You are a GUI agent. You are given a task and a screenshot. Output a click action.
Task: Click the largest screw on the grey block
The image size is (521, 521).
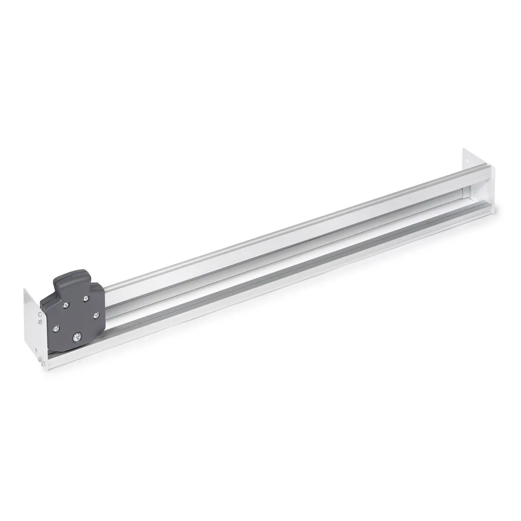pos(78,338)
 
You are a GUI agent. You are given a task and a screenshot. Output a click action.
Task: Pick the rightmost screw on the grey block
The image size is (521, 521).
pos(95,315)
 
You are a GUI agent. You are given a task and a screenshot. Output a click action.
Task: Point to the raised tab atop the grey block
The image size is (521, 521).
pos(71,277)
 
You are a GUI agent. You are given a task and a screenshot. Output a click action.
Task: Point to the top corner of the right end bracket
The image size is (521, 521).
pos(464,150)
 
